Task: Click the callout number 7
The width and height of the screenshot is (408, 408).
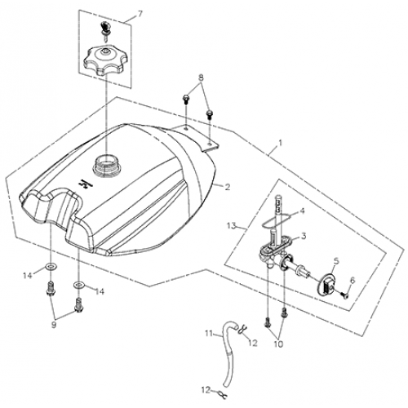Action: pyautogui.click(x=139, y=15)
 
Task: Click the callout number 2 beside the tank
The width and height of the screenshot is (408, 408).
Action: pyautogui.click(x=228, y=187)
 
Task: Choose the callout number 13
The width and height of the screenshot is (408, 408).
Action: pyautogui.click(x=232, y=225)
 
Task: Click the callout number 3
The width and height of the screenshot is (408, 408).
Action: pyautogui.click(x=304, y=236)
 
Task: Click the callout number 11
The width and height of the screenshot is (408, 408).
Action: pyautogui.click(x=208, y=332)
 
